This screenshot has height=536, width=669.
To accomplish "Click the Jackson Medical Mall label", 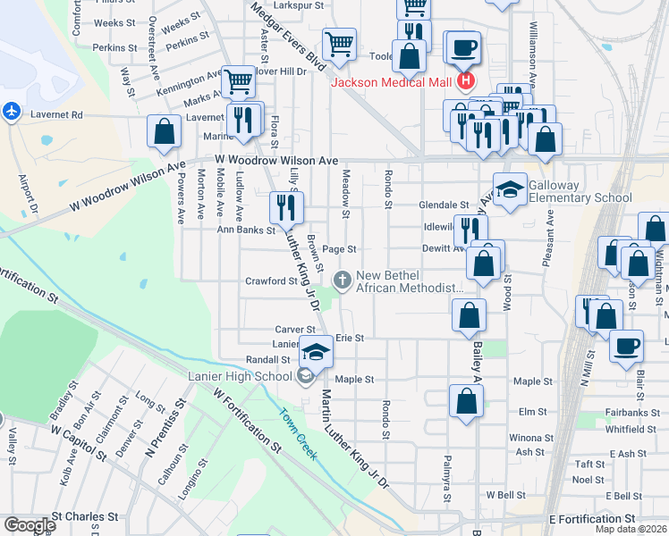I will click(x=392, y=83).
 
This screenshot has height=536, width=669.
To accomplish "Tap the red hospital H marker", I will click(x=465, y=83).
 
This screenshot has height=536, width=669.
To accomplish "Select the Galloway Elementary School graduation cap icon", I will click(x=510, y=189).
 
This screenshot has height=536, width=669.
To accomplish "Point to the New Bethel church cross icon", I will click(x=342, y=281).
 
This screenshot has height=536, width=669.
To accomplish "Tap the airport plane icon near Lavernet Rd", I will click(x=11, y=112).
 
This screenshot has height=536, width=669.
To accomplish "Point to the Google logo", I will click(x=29, y=525).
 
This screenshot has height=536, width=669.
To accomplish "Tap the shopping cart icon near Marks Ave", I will click(x=238, y=82).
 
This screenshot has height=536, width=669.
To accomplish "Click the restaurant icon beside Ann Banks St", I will click(x=286, y=208).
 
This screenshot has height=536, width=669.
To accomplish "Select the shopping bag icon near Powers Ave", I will click(x=165, y=132).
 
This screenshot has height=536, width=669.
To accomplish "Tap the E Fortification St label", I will click(x=591, y=519).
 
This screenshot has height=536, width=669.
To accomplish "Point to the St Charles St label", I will click(x=85, y=516).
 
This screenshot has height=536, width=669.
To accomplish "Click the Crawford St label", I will click(x=271, y=281).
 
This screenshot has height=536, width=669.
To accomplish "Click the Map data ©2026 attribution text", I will click(x=631, y=530).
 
